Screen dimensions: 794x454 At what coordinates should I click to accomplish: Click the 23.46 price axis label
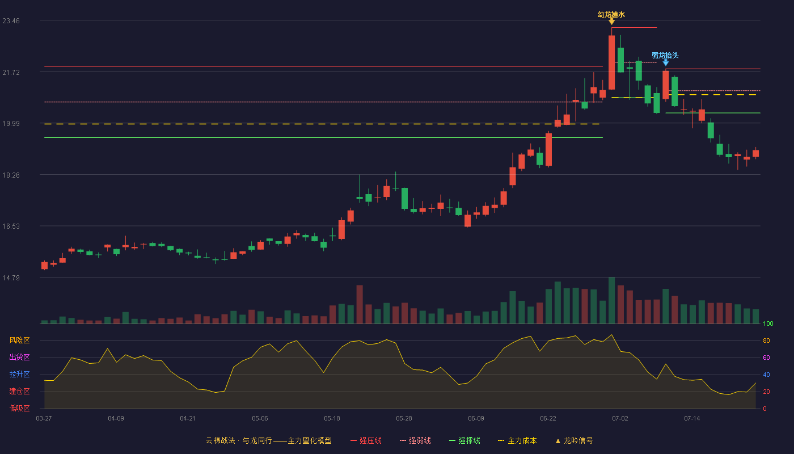pyautogui.click(x=11, y=21)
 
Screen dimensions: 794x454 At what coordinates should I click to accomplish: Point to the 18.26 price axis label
pyautogui.click(x=11, y=175)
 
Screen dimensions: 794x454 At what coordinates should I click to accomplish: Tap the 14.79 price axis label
pyautogui.click(x=11, y=278)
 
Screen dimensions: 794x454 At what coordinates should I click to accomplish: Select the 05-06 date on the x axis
pyautogui.click(x=260, y=419)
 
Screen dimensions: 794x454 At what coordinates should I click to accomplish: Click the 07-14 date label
pyautogui.click(x=692, y=419)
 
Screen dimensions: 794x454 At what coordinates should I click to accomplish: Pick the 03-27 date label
pyautogui.click(x=44, y=419)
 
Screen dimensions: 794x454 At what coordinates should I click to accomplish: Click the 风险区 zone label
pyautogui.click(x=19, y=340)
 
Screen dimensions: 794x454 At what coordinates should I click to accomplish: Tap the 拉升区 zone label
pyautogui.click(x=19, y=375)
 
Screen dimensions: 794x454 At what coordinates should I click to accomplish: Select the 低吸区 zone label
pyautogui.click(x=19, y=409)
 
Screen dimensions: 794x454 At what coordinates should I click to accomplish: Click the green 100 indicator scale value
pyautogui.click(x=768, y=323)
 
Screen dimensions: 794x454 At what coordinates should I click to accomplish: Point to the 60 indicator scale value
pyautogui.click(x=766, y=358)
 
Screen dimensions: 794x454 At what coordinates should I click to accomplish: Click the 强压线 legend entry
pyautogui.click(x=366, y=440)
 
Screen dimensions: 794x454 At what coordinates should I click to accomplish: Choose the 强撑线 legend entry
pyautogui.click(x=464, y=440)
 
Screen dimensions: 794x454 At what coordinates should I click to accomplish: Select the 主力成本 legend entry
pyautogui.click(x=517, y=440)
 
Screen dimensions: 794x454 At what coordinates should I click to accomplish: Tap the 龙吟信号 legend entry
pyautogui.click(x=574, y=440)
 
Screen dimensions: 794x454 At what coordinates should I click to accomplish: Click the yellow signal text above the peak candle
pyautogui.click(x=611, y=15)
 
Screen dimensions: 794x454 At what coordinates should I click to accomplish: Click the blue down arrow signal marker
pyautogui.click(x=666, y=63)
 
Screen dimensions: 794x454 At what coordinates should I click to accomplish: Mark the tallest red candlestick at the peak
pyautogui.click(x=612, y=62)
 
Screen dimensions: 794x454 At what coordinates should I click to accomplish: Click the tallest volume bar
pyautogui.click(x=612, y=300)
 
